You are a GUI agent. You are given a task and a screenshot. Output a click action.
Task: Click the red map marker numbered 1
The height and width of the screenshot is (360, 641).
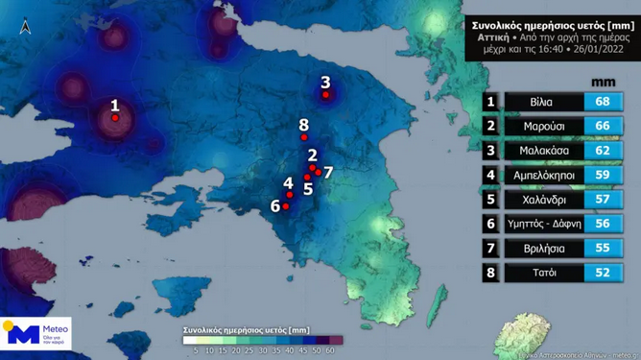115,118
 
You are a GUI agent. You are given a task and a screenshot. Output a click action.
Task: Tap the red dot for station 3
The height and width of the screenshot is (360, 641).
326,94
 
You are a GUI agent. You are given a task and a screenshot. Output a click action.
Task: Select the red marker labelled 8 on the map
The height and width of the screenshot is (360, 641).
304,137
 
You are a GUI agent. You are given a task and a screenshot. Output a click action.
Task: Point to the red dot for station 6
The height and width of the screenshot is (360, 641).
285,205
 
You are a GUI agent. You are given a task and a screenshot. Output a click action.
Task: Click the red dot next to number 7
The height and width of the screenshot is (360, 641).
318,173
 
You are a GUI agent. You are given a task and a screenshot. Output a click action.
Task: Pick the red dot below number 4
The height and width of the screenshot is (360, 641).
290,195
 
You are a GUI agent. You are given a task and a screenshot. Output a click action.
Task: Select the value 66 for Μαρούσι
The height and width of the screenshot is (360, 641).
604,127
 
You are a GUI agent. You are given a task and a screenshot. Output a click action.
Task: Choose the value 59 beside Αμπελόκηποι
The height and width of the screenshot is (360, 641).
604,176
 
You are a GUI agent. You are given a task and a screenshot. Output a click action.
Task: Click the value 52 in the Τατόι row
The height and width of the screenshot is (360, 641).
604,274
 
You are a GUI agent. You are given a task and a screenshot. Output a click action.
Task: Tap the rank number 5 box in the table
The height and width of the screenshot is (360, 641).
490,201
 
